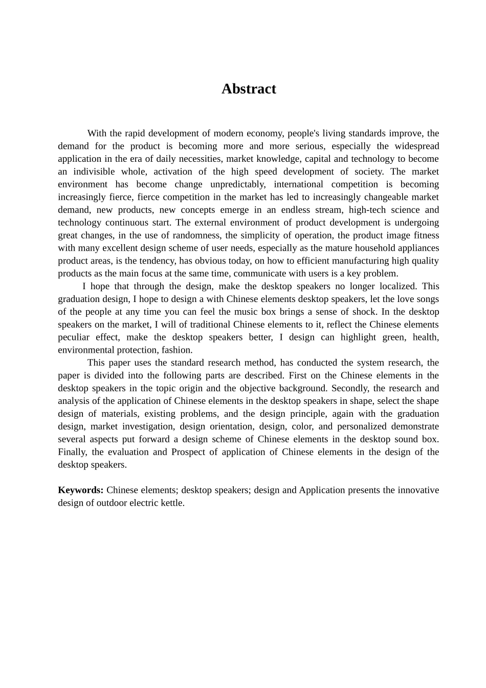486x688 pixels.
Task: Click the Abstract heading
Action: pyautogui.click(x=249, y=89)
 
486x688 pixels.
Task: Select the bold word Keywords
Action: pyautogui.click(x=81, y=490)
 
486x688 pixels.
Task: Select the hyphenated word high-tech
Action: pyautogui.click(x=367, y=210)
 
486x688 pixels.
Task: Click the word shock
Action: pyautogui.click(x=364, y=312)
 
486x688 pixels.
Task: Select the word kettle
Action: pyautogui.click(x=173, y=503)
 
